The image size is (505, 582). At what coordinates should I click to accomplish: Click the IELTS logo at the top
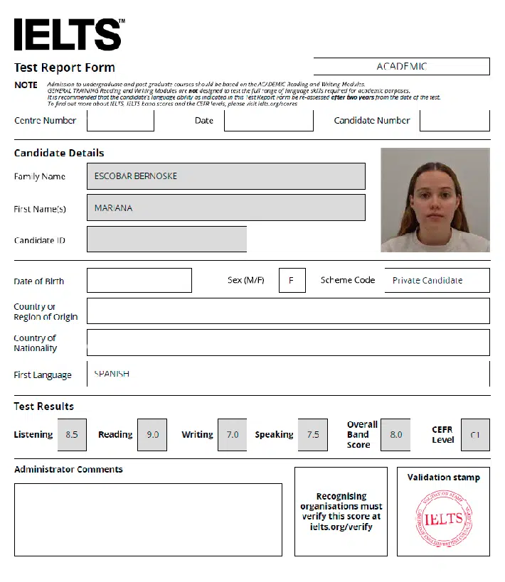click(x=68, y=33)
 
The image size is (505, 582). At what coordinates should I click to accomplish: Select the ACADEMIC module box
click(x=401, y=66)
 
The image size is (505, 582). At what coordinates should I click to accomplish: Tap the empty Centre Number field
click(x=120, y=120)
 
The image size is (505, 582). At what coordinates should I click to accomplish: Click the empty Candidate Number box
click(x=455, y=120)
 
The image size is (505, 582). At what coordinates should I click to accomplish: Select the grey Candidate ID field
click(x=166, y=239)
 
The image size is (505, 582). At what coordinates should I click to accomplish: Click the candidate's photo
click(x=435, y=200)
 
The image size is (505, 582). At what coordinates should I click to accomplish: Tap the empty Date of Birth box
click(x=139, y=281)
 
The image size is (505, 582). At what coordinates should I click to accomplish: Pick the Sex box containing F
click(x=292, y=281)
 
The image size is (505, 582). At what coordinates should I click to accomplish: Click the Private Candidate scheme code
click(x=427, y=281)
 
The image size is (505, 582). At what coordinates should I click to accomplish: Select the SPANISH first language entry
click(x=112, y=374)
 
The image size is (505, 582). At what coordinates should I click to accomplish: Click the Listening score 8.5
click(x=72, y=434)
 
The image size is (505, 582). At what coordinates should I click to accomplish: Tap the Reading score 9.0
click(x=152, y=434)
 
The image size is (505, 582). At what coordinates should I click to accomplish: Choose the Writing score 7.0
click(x=233, y=434)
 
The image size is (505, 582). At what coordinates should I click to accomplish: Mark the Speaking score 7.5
click(x=313, y=434)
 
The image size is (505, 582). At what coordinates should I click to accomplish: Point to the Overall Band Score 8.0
click(x=395, y=434)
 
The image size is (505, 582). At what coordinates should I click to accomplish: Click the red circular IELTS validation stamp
click(x=443, y=519)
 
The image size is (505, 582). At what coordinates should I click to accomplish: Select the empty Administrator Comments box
click(x=148, y=519)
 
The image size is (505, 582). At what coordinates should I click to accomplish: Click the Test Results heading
click(x=44, y=406)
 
